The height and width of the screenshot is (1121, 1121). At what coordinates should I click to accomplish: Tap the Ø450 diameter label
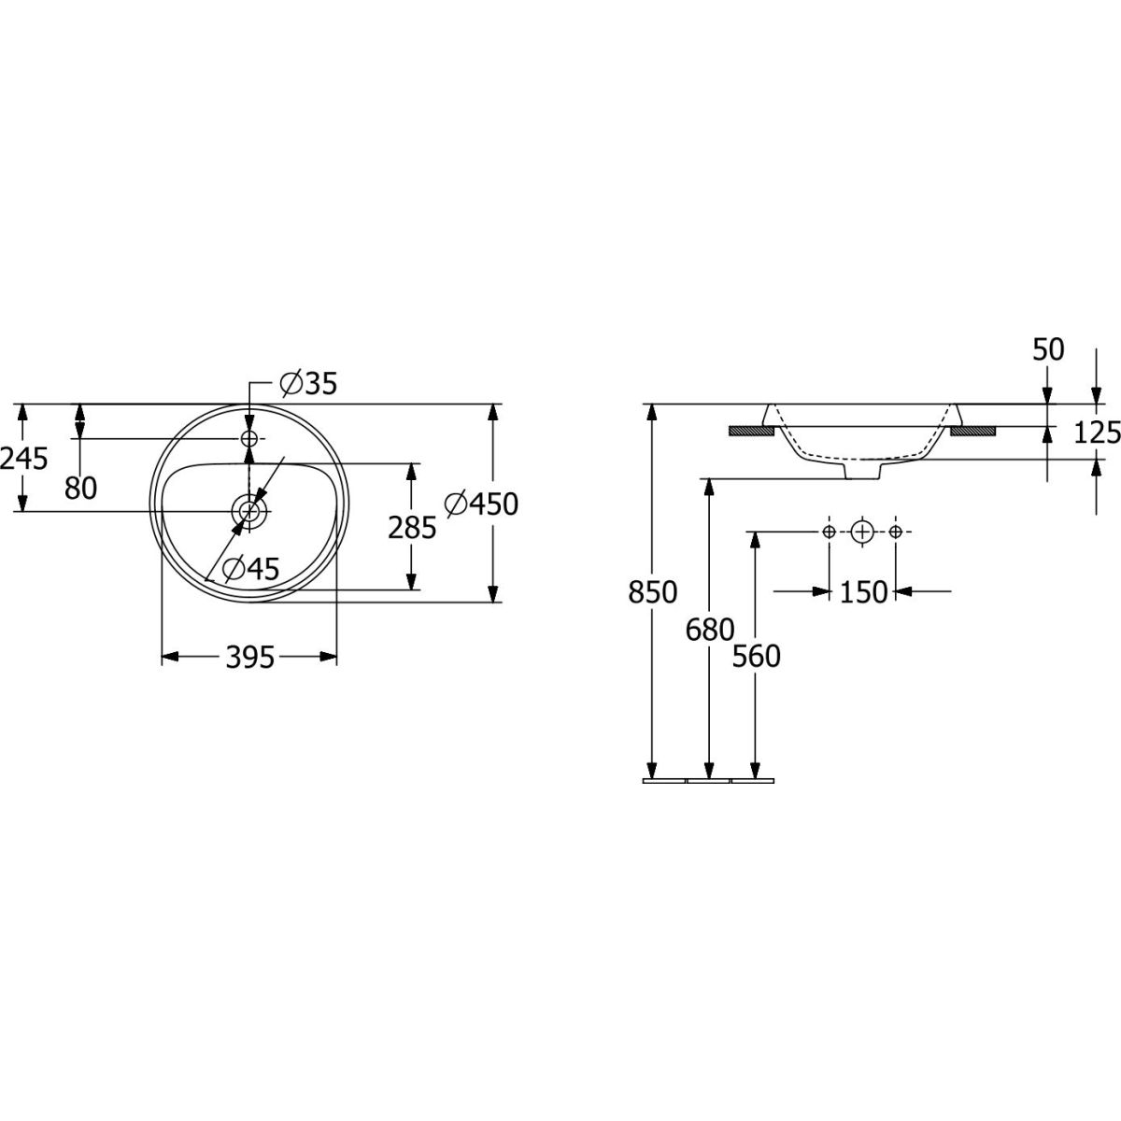point(481,504)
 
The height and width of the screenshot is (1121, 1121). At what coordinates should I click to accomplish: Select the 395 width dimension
point(249,658)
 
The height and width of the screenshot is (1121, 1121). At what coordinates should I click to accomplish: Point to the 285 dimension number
point(412,528)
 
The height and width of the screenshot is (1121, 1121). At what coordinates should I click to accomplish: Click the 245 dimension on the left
point(24,460)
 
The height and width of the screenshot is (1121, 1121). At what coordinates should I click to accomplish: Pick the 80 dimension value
point(80,488)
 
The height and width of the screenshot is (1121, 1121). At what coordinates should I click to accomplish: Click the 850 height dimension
point(653,592)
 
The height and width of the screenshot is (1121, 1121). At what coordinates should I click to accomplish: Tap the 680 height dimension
point(710,630)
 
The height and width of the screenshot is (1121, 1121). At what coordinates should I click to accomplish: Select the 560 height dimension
point(756,657)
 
